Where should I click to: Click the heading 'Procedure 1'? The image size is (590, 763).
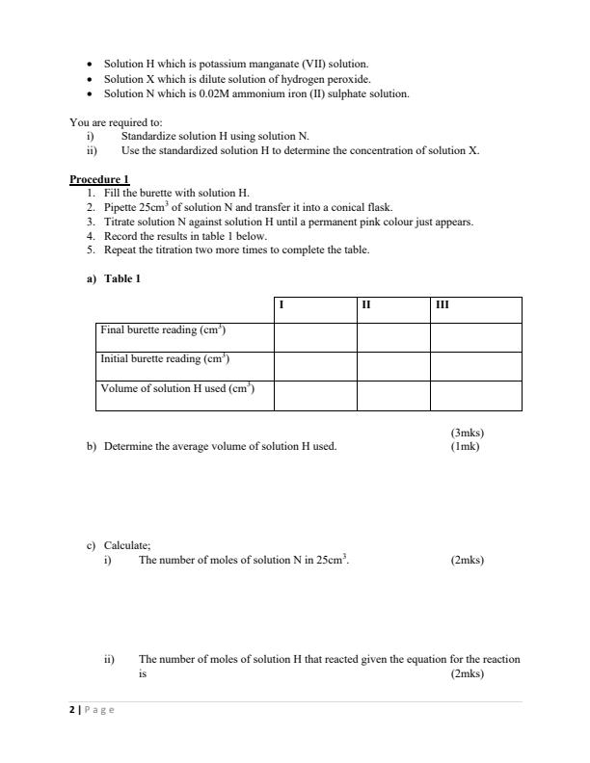click(x=99, y=179)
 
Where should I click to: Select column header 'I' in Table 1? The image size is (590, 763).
click(x=280, y=305)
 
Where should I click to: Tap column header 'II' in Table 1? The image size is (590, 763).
click(x=365, y=305)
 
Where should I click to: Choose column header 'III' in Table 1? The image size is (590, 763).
click(x=442, y=305)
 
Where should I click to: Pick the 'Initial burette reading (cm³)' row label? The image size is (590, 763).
click(x=164, y=359)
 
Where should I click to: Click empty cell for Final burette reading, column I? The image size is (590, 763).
click(x=315, y=337)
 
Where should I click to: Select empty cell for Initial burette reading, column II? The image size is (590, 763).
click(x=393, y=366)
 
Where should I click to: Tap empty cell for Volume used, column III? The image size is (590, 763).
click(x=475, y=396)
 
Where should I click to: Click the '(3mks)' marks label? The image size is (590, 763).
click(x=467, y=434)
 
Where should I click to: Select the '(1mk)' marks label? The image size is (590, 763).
click(x=465, y=446)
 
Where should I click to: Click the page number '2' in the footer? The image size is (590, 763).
click(x=72, y=710)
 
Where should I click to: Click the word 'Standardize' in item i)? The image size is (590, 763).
click(x=147, y=137)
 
